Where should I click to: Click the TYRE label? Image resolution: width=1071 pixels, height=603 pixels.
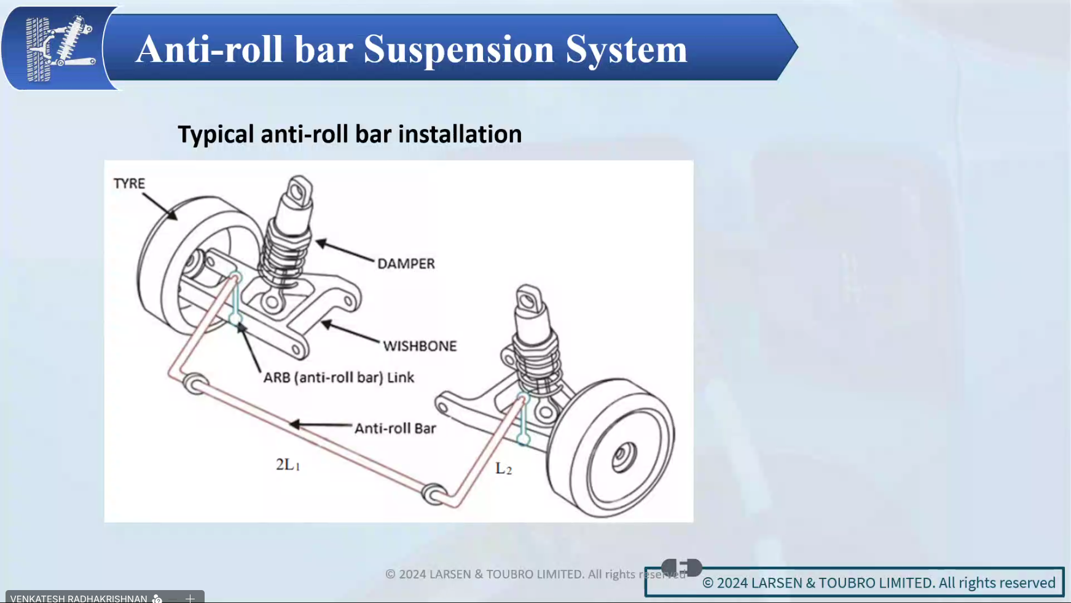(129, 184)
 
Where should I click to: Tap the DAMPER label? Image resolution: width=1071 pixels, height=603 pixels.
(406, 264)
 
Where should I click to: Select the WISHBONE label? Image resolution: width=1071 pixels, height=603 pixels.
(420, 346)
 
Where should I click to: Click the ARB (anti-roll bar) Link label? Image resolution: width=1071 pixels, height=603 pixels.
(339, 377)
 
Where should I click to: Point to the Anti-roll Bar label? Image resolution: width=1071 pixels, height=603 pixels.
(395, 428)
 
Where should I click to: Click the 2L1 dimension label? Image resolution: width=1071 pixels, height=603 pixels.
(288, 465)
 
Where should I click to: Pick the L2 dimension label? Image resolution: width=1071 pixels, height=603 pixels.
(503, 469)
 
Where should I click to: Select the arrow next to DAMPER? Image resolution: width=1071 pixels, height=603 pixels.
(344, 251)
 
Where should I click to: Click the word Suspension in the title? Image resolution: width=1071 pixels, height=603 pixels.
(458, 49)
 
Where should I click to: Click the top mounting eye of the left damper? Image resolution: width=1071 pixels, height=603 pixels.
(299, 192)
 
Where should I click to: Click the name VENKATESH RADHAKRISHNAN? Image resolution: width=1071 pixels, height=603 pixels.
(79, 598)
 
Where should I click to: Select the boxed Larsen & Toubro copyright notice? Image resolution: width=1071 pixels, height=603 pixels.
(879, 583)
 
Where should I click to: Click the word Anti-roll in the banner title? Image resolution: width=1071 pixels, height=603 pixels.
(209, 49)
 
